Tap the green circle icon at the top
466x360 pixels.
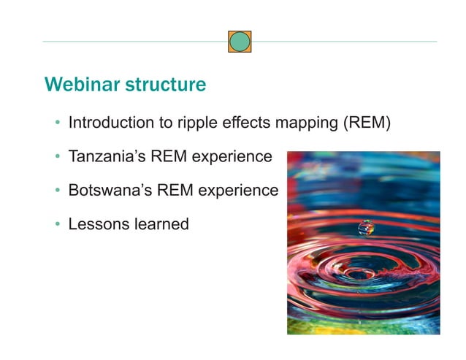[240, 42]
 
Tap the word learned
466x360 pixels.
[160, 224]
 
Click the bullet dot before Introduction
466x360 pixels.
[57, 123]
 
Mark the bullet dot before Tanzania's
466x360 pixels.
[57, 157]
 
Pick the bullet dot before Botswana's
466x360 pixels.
[57, 191]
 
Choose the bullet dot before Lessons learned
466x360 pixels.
[57, 225]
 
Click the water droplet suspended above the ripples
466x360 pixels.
[365, 229]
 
